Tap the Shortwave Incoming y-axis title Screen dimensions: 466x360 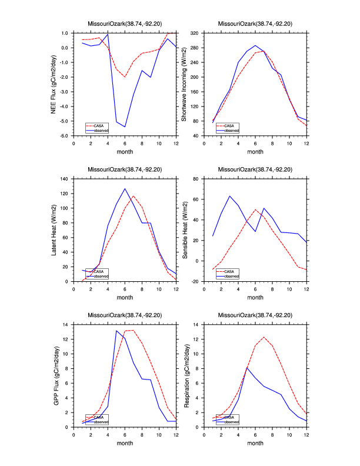coord(184,84)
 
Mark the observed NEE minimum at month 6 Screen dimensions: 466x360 coord(125,127)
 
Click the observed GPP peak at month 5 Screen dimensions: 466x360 coord(116,331)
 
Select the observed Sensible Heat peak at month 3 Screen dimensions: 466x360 coord(229,196)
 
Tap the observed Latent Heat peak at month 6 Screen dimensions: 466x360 coord(125,189)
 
